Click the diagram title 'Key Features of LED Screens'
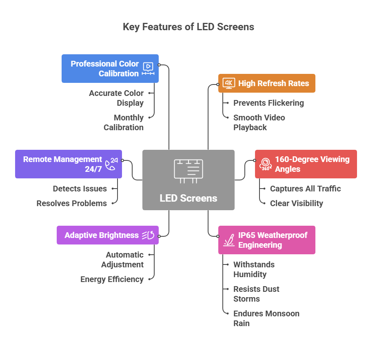point(188,27)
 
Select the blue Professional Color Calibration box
point(110,69)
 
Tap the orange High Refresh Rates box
point(266,83)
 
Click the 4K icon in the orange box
point(229,83)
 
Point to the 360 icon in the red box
point(266,164)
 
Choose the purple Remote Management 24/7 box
point(68,164)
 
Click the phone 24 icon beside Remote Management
point(111,164)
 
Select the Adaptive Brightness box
point(107,235)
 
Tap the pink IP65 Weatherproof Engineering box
point(266,240)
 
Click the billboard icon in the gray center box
point(188,171)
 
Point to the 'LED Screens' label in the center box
point(188,198)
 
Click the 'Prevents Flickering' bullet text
point(268,103)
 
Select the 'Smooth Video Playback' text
point(259,122)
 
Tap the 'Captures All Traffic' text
point(305,189)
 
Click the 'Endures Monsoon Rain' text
point(266,318)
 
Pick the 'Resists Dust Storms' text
point(256,294)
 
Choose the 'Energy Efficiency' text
point(112,279)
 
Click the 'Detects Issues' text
point(80,189)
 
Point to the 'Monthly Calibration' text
point(123,122)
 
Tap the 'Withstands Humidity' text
point(254,269)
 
